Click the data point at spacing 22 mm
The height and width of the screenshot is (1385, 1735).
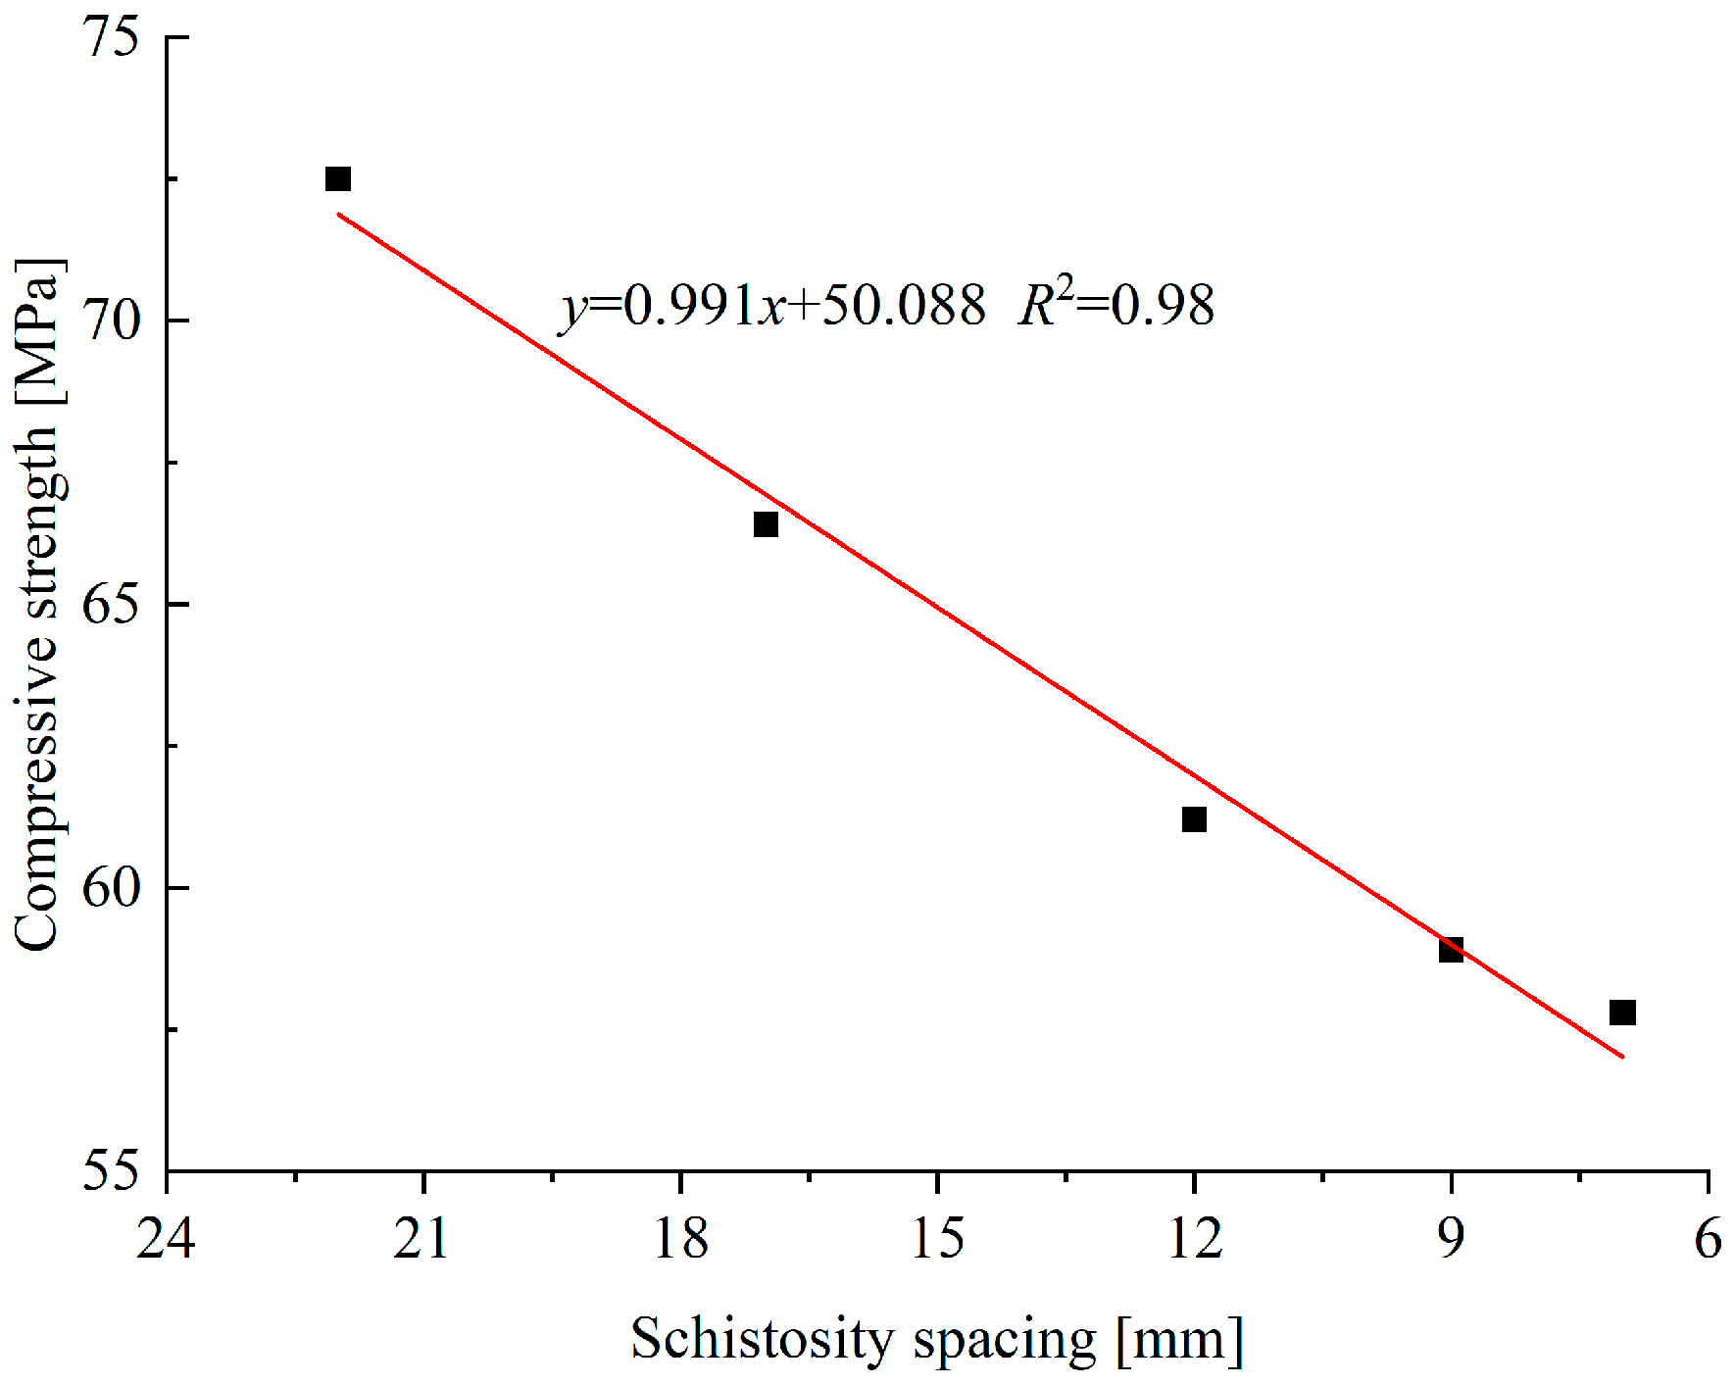pos(337,179)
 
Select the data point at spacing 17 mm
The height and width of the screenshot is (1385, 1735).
pos(766,524)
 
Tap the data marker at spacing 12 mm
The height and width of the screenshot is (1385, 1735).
pos(1194,819)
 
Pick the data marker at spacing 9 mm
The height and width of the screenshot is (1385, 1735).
pos(1451,949)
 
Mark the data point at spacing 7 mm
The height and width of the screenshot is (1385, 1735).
pos(1622,1013)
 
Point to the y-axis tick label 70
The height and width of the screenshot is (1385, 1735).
pos(111,321)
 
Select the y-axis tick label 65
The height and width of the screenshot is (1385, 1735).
pos(111,604)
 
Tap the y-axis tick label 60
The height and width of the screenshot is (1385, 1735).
pos(111,888)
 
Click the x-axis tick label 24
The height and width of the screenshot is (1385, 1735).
pos(166,1240)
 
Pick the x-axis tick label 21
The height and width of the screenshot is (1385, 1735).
pos(422,1240)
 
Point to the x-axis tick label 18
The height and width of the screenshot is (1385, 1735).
pos(680,1240)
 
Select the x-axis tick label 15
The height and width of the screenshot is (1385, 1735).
pos(937,1240)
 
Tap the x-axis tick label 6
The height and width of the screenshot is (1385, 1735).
pos(1709,1240)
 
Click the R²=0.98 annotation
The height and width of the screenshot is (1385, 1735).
pos(1116,305)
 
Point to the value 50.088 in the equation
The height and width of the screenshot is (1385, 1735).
pos(903,306)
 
